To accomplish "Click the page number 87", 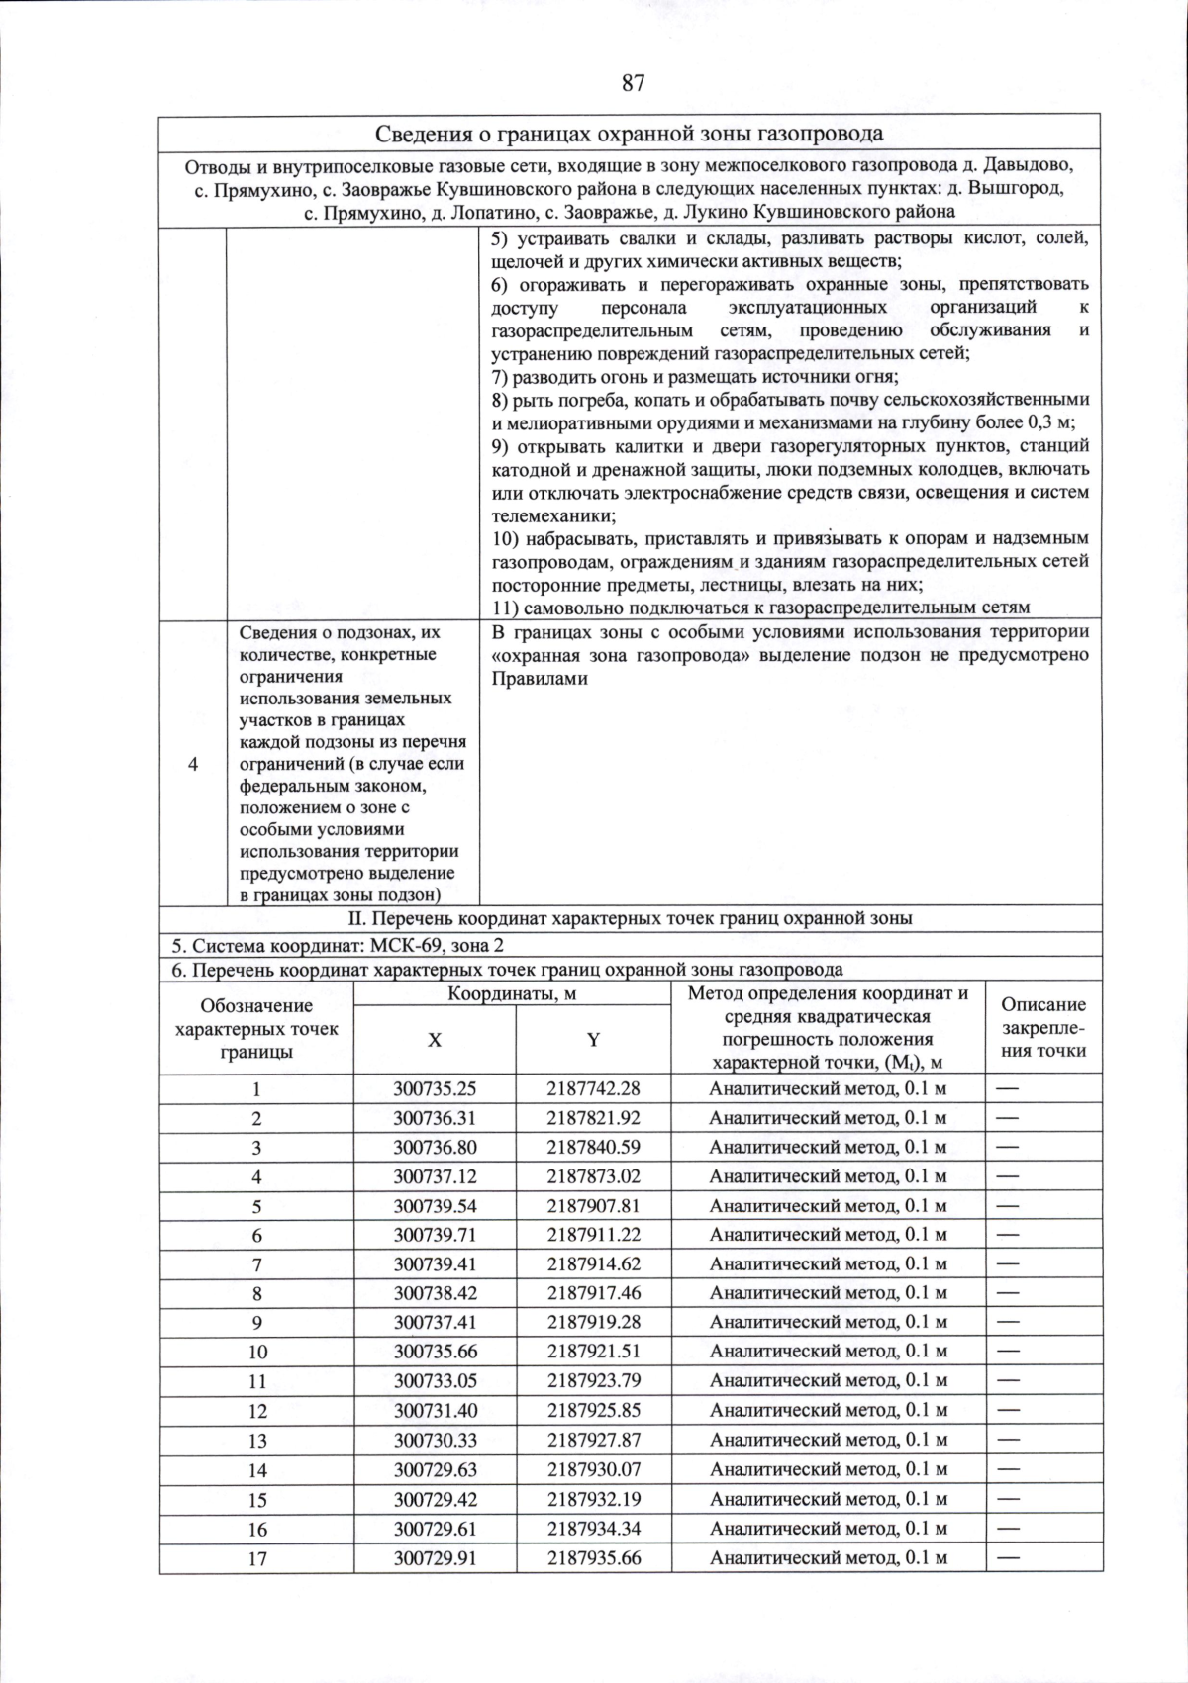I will click(x=634, y=83).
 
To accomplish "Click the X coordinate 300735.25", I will click(x=435, y=1088).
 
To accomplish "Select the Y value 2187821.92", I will click(x=593, y=1118).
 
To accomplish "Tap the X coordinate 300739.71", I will click(x=435, y=1235).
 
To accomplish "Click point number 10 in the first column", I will click(x=257, y=1352).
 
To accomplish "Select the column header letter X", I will click(x=435, y=1040).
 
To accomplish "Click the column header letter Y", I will click(x=593, y=1040).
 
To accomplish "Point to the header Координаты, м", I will click(x=512, y=993).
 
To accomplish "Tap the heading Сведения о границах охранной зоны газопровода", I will click(x=630, y=134).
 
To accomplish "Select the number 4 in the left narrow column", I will click(x=193, y=764).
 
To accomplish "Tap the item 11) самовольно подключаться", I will click(x=760, y=607).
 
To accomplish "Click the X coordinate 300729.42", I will click(x=435, y=1498).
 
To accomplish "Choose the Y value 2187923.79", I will click(x=593, y=1380).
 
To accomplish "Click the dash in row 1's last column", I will click(x=1007, y=1088).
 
